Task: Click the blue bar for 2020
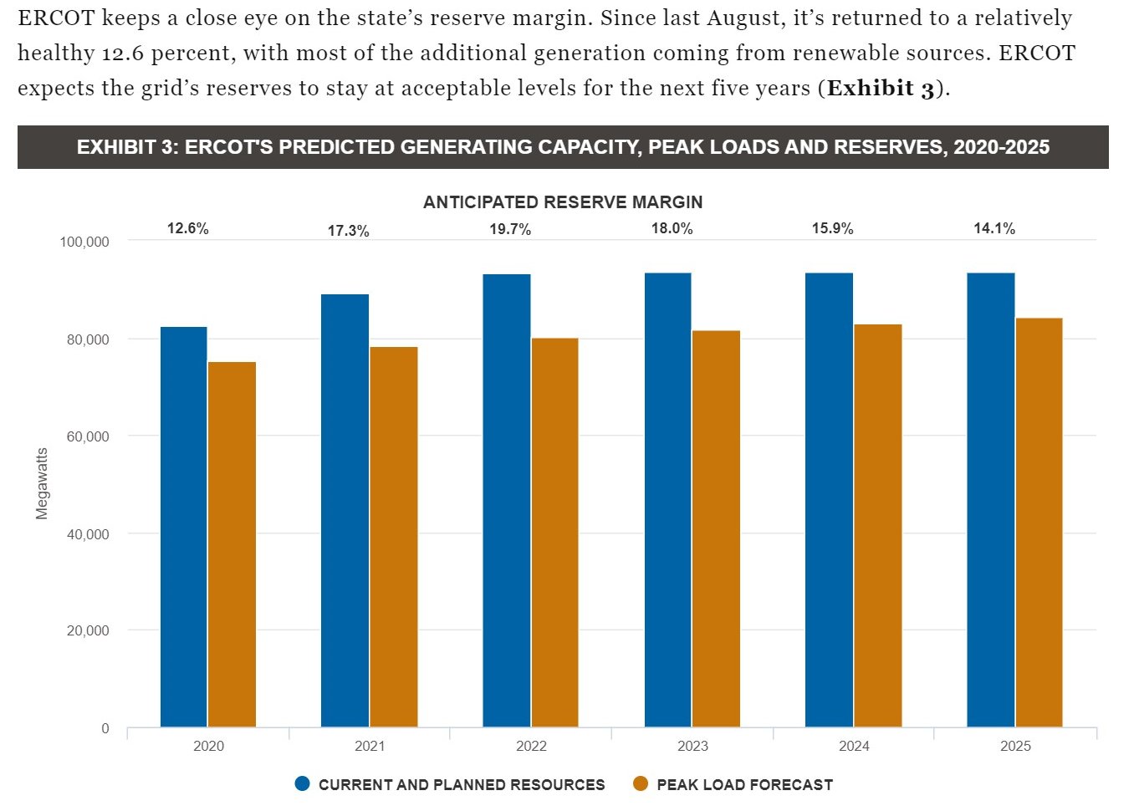(x=183, y=527)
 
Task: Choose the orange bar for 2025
(x=1039, y=523)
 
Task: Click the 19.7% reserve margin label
(x=510, y=229)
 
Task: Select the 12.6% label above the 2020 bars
(x=188, y=228)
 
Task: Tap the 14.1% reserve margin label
(x=994, y=228)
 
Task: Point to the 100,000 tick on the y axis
(x=84, y=242)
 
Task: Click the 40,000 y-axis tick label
(x=88, y=534)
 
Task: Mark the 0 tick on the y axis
(x=105, y=728)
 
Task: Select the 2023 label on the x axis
(x=692, y=746)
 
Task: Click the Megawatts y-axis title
(x=42, y=483)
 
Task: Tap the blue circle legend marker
(x=303, y=783)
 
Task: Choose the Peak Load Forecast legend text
(x=744, y=784)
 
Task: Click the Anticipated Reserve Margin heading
(x=563, y=202)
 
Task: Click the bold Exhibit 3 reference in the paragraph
(x=881, y=88)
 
